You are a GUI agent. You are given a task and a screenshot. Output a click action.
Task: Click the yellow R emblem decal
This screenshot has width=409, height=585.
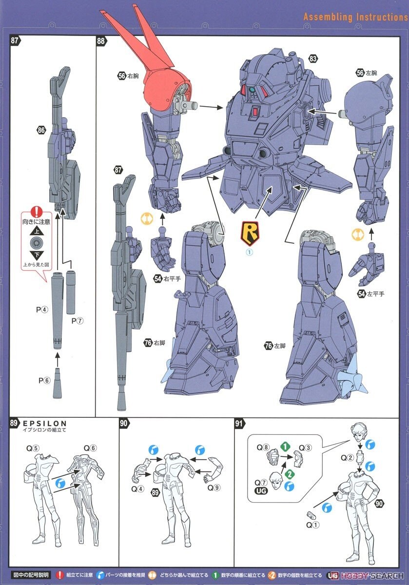(x=250, y=234)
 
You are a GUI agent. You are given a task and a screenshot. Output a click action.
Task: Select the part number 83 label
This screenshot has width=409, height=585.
(x=313, y=59)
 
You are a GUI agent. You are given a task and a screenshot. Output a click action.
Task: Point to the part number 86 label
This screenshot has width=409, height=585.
(x=41, y=130)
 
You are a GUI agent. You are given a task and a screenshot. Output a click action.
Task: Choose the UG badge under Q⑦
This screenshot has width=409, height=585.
(x=261, y=491)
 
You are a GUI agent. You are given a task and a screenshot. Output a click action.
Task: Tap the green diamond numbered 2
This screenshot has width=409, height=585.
(x=290, y=473)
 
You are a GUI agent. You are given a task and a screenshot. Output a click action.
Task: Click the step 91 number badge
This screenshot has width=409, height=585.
(x=239, y=423)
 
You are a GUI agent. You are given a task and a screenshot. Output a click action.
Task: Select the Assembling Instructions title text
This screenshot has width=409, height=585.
(x=355, y=17)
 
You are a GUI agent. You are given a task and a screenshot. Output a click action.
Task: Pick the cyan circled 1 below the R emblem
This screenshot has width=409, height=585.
(x=250, y=253)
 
